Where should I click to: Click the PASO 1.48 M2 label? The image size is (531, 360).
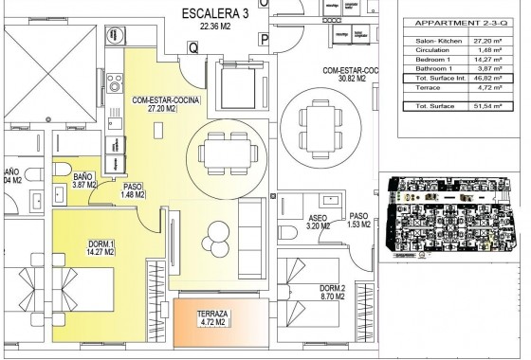click(133, 192)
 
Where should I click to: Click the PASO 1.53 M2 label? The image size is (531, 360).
click(358, 220)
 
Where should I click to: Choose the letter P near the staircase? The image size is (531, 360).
click(264, 39)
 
